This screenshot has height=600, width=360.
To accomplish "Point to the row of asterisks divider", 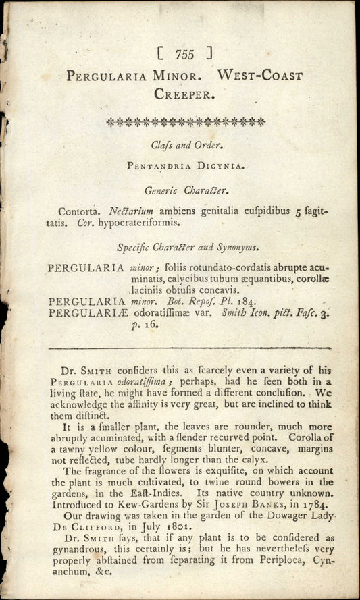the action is coord(186,122).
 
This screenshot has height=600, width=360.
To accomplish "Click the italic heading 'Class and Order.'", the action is coord(184,144).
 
